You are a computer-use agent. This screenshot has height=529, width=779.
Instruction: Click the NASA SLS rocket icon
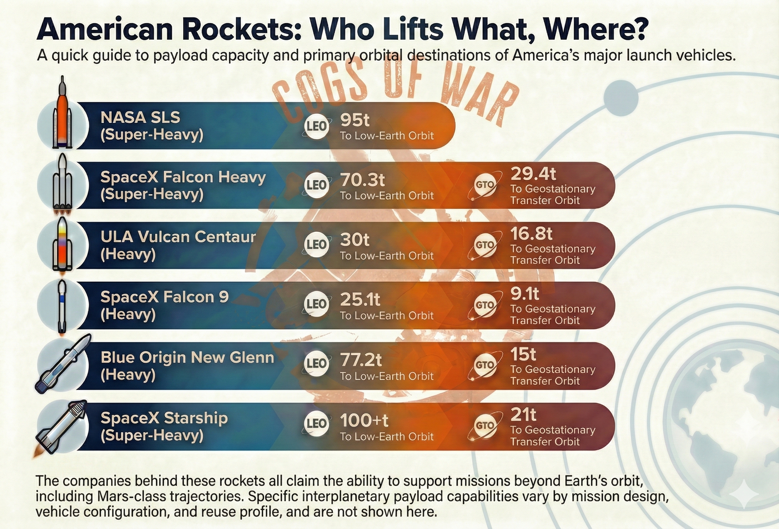tap(62, 114)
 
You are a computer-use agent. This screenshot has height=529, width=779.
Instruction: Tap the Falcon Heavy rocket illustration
tap(62, 184)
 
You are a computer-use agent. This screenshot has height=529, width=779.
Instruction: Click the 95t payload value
tap(355, 120)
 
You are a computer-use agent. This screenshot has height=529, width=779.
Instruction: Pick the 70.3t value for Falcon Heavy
tap(362, 180)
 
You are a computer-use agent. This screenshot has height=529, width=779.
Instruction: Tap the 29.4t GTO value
tap(533, 174)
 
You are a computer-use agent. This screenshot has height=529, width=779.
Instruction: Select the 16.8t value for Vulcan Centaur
tap(531, 234)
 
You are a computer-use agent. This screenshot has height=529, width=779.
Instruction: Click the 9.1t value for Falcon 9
tap(525, 294)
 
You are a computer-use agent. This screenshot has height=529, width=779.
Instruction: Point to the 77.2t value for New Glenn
tap(361, 361)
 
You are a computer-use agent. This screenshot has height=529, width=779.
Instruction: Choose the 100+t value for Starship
tap(364, 420)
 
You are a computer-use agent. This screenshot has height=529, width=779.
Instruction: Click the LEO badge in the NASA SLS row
tap(316, 126)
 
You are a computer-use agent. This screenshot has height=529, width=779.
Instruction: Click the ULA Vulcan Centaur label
tap(178, 237)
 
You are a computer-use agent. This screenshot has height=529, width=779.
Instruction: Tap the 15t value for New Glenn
tap(523, 354)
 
